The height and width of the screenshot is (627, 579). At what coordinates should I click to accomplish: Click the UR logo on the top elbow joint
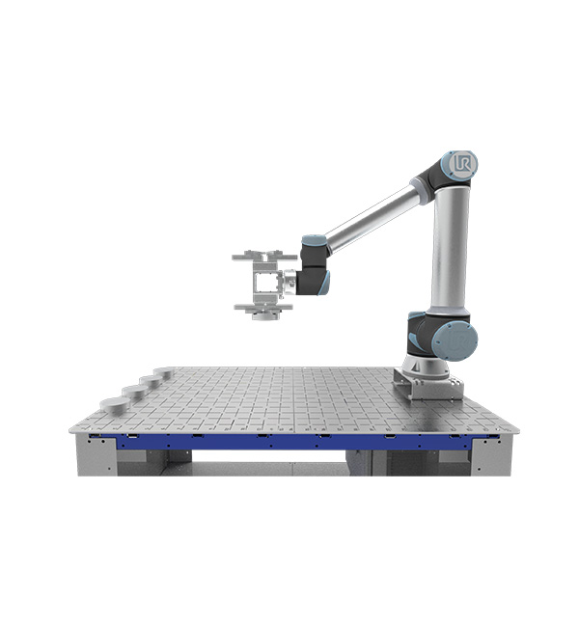tap(463, 164)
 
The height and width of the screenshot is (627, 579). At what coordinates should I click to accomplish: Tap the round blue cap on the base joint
tap(455, 341)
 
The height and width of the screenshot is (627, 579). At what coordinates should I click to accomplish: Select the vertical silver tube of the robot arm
tap(450, 249)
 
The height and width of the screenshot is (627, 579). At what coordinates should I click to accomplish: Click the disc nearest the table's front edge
tap(115, 405)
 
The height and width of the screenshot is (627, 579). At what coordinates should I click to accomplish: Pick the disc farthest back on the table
tap(164, 372)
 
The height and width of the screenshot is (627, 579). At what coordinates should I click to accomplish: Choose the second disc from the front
tap(133, 391)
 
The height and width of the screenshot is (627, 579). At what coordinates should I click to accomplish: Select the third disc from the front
tap(150, 381)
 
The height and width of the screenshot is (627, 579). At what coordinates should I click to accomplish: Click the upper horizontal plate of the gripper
tap(264, 256)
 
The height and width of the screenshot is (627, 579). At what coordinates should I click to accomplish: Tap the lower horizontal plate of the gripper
tap(263, 307)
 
